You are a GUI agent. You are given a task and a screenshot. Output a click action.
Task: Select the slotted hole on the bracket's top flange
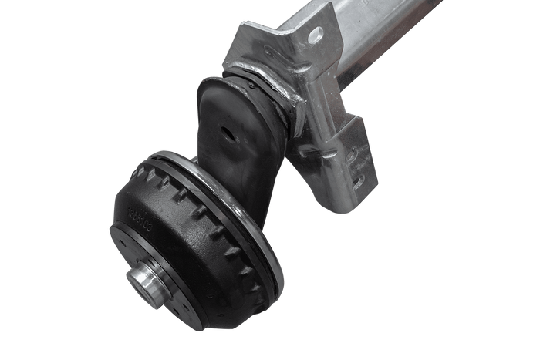click(315, 34)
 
